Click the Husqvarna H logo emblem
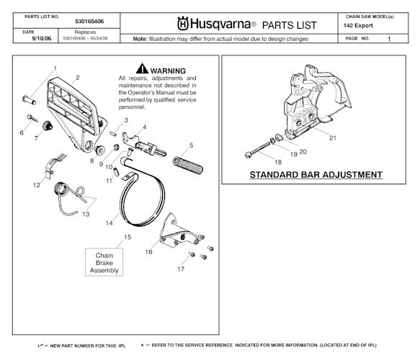point(183,23)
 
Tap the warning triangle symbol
point(142,68)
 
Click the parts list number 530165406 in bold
point(89,22)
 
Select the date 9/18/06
point(42,38)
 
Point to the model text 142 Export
point(358,26)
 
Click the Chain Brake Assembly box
point(104,262)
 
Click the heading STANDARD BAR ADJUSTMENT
point(316,175)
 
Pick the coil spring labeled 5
point(187,164)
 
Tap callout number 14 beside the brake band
point(110,223)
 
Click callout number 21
point(333,138)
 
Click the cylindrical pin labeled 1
point(29,100)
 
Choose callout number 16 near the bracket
point(148,252)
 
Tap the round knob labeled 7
point(48,125)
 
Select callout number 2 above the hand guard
point(78,78)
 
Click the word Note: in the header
point(140,39)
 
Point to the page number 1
point(389,39)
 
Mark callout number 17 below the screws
point(181,269)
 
